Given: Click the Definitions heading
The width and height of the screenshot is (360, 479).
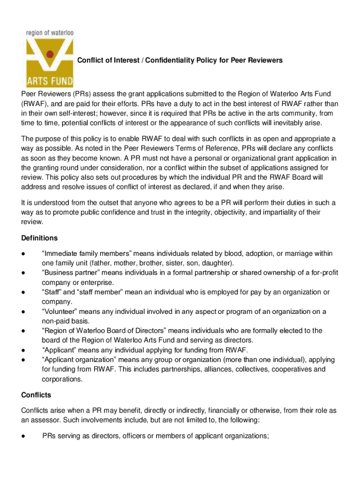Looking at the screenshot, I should [x=39, y=238].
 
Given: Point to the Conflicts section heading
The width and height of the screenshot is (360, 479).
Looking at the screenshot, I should [x=36, y=395].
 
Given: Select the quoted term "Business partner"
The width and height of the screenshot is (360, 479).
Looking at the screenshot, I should [x=69, y=273].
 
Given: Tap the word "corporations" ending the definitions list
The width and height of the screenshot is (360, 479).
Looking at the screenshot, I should [x=63, y=379].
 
